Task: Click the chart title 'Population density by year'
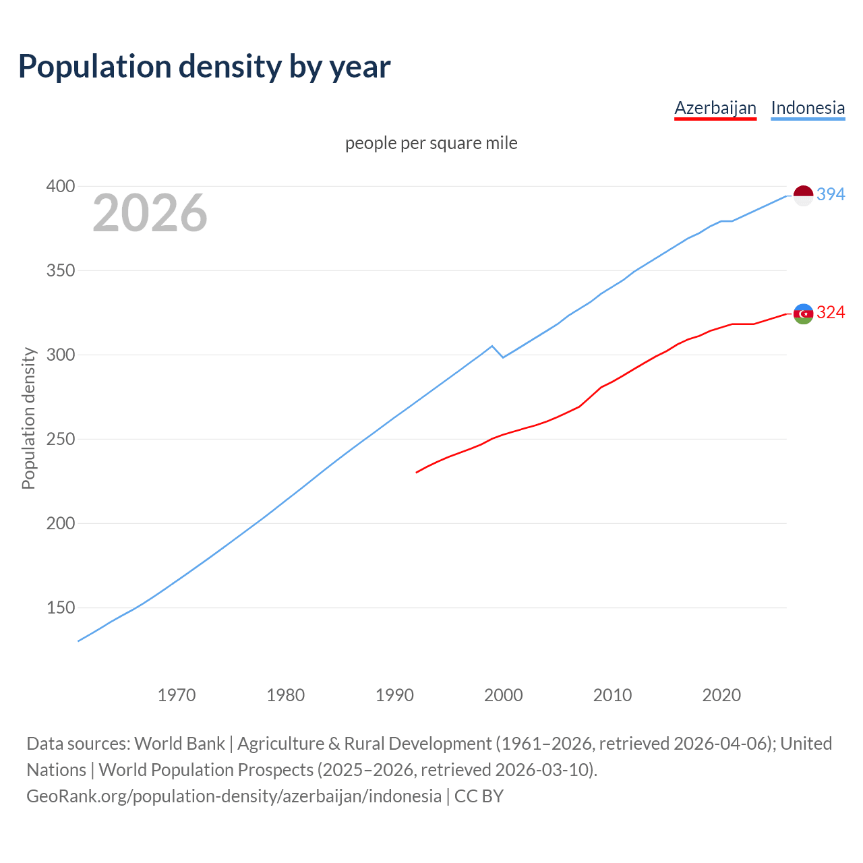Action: pyautogui.click(x=204, y=66)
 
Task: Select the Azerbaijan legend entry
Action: pyautogui.click(x=715, y=108)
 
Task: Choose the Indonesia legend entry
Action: pyautogui.click(x=807, y=108)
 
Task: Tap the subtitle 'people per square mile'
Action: pyautogui.click(x=431, y=143)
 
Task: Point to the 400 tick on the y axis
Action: pyautogui.click(x=60, y=186)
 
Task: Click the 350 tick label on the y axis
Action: pyautogui.click(x=60, y=270)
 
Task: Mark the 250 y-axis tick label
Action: pyautogui.click(x=60, y=439)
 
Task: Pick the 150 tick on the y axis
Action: pyautogui.click(x=60, y=607)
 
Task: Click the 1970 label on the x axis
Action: pyautogui.click(x=177, y=694)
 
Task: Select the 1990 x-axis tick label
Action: pyautogui.click(x=394, y=694)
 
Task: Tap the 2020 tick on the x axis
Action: pyautogui.click(x=721, y=694)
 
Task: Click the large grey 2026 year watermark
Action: pyautogui.click(x=150, y=213)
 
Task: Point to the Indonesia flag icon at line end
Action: pyautogui.click(x=803, y=196)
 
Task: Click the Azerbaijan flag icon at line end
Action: pyautogui.click(x=803, y=314)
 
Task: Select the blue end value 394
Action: pyautogui.click(x=831, y=194)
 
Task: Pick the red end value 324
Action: pyautogui.click(x=831, y=312)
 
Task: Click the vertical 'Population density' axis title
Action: pyautogui.click(x=28, y=418)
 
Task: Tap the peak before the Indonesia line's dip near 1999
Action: pyautogui.click(x=492, y=346)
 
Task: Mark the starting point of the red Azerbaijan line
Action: pyautogui.click(x=417, y=472)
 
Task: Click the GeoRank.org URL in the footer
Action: pyautogui.click(x=234, y=796)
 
